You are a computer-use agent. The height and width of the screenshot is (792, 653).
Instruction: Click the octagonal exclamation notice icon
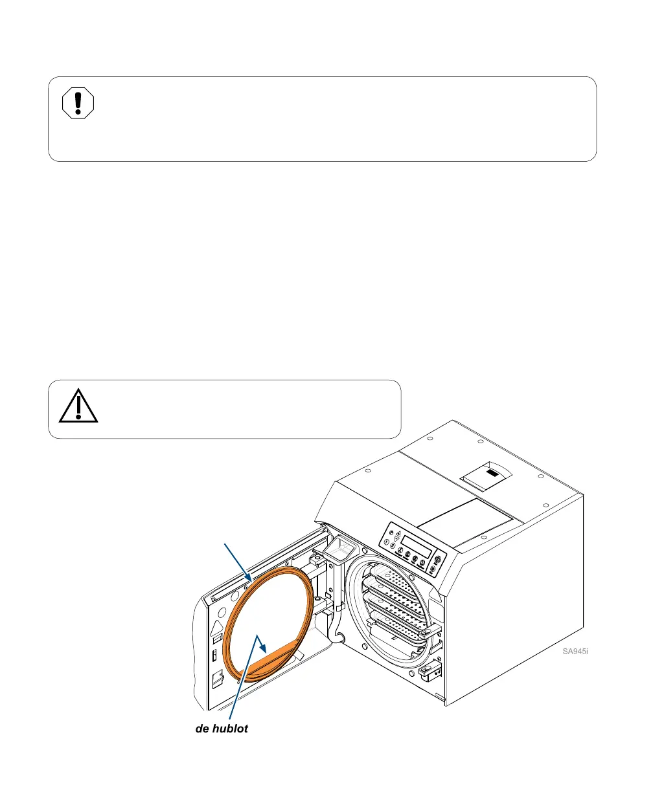click(x=78, y=104)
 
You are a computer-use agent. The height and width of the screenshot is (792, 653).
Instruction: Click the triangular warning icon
click(x=78, y=407)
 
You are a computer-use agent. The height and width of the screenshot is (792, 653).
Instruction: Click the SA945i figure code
click(x=575, y=651)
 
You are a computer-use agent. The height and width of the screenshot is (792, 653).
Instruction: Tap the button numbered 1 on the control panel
click(x=387, y=542)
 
